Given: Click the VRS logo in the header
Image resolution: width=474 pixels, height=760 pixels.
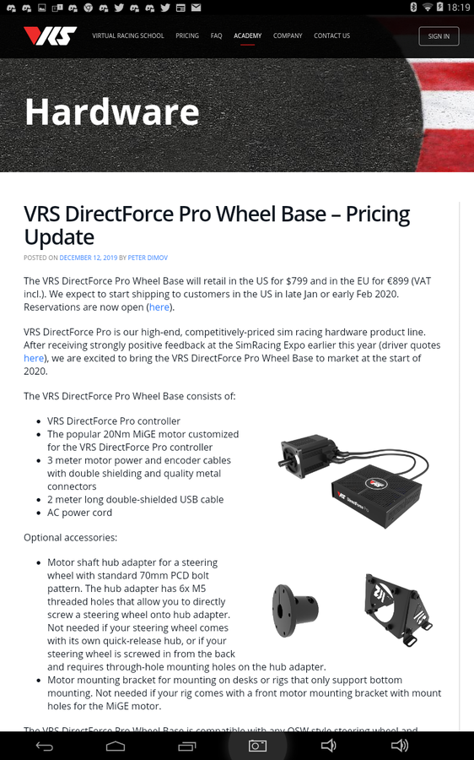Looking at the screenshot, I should point(50,35).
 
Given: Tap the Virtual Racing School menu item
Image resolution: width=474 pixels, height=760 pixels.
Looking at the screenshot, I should point(127,36).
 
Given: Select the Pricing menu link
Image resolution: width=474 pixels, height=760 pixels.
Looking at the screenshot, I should point(187,36).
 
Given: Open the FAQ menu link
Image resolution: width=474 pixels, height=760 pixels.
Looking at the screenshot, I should point(217,36).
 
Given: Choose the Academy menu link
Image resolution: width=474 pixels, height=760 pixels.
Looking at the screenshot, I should point(247,36).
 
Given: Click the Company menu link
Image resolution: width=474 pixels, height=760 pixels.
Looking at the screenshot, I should point(288,36).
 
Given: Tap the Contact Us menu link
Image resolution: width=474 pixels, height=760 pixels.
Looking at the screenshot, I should point(331,36).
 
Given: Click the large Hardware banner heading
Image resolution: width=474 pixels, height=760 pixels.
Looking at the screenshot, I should point(112,111).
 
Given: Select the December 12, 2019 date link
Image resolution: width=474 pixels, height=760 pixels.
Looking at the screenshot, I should point(88,258).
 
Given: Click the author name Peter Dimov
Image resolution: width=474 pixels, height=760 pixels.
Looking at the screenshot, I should point(148,258).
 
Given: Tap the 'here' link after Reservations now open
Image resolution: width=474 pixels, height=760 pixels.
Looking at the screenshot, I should point(159,307).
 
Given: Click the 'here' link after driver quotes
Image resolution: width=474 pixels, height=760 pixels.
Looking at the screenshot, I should point(34,358).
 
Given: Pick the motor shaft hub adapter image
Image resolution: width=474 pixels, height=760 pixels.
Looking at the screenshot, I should point(296,607).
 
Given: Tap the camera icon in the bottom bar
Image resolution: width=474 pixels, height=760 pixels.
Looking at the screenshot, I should point(257,746).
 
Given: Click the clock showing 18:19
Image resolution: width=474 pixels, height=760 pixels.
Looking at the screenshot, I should point(459,7).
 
